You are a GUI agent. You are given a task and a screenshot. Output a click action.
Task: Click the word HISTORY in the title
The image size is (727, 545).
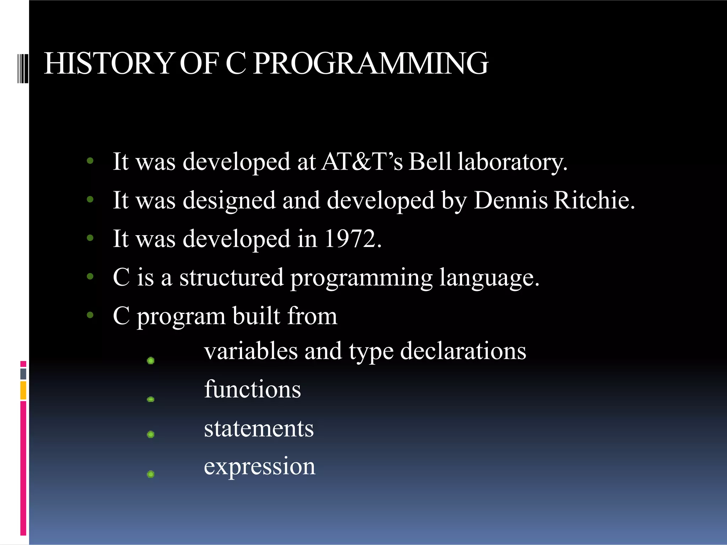(108, 64)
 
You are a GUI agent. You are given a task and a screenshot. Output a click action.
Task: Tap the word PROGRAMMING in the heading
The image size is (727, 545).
(371, 64)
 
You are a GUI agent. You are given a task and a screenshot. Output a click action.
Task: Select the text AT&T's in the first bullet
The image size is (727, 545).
(362, 161)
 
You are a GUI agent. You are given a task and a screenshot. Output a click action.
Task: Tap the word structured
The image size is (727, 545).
(231, 277)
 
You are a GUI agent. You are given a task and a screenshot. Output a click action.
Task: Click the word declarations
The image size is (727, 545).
(463, 351)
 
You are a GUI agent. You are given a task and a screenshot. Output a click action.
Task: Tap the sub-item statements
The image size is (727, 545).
(259, 428)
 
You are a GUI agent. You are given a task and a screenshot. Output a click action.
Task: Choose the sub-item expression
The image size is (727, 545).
(259, 467)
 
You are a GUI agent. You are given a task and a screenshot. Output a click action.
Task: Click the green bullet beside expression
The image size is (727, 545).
(151, 474)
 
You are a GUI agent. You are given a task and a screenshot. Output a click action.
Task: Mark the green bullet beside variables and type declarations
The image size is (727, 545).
(151, 360)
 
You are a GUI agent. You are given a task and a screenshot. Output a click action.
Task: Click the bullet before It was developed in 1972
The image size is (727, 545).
(90, 238)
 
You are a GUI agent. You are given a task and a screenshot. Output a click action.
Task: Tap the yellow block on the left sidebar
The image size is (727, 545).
(23, 390)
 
